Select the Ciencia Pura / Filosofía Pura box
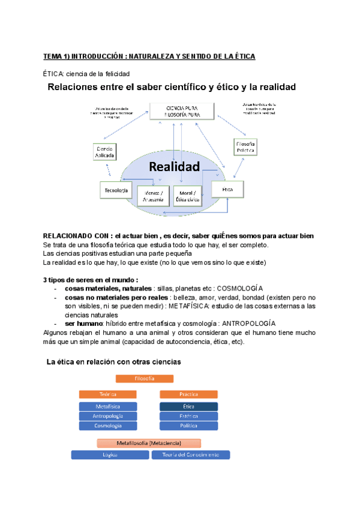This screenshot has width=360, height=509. tap(181, 110)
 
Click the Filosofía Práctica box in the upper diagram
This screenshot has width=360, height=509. tap(246, 148)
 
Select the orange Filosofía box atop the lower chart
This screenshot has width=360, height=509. tap(144, 379)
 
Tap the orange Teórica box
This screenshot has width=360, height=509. tap(108, 394)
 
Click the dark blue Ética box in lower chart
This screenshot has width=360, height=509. tap(188, 407)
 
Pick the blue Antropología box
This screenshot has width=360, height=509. tap(108, 416)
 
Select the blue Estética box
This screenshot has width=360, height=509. tap(188, 416)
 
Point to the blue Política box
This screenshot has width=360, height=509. tap(188, 426)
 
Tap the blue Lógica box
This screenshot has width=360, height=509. tap(110, 455)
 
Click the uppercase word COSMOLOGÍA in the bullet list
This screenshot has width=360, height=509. tap(239, 289)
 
